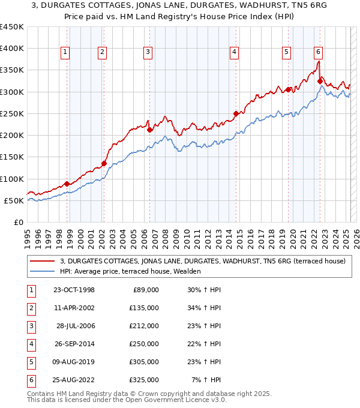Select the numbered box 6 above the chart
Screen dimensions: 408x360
tap(317, 52)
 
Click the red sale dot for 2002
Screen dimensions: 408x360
tap(104, 163)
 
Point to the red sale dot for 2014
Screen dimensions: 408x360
tap(236, 113)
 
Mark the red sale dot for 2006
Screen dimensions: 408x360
tap(149, 130)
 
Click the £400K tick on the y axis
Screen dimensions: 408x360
tap(12, 49)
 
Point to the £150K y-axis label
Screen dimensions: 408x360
tap(12, 157)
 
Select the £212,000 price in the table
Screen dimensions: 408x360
tap(145, 326)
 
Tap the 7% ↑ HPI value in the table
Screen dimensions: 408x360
tap(206, 380)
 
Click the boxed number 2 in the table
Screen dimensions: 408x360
tap(29, 308)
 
